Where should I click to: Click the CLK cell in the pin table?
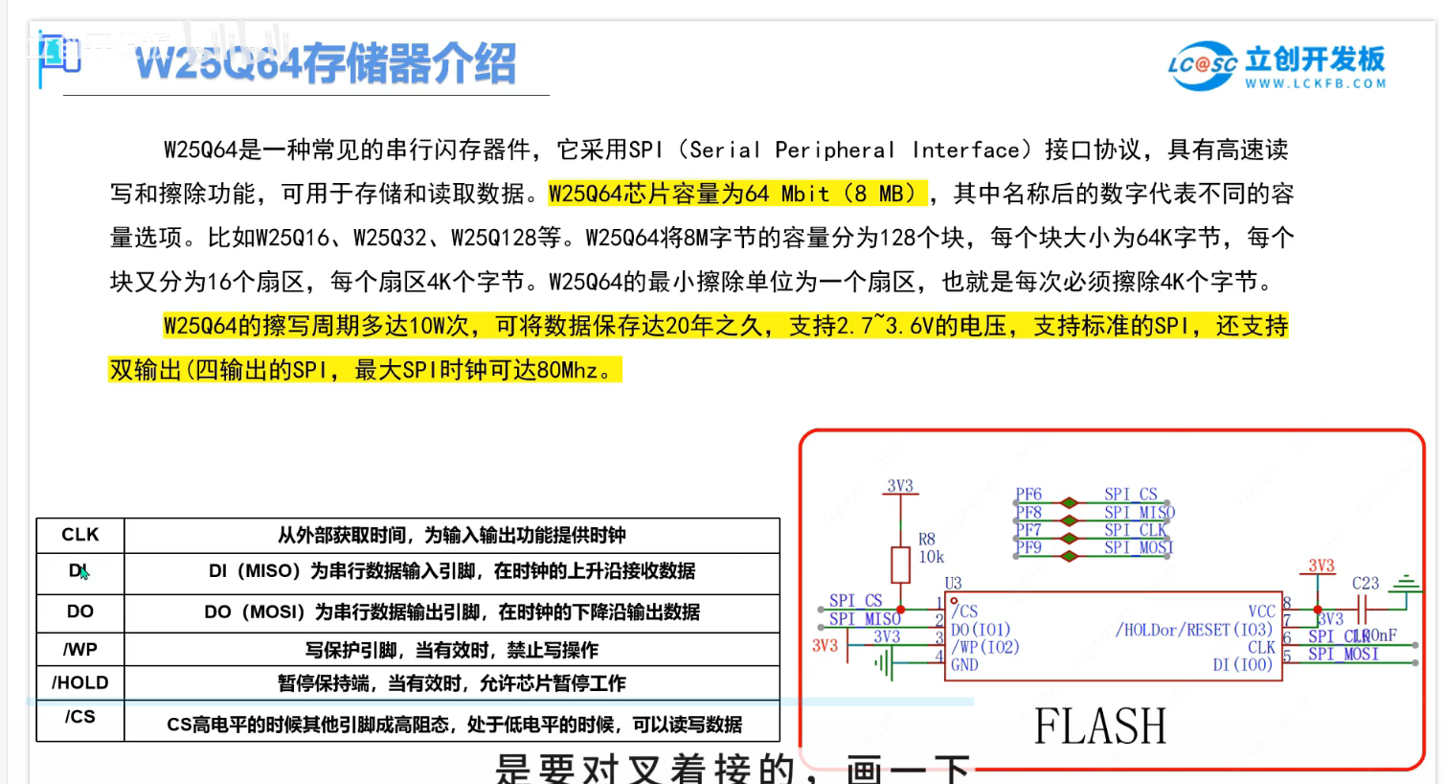pyautogui.click(x=80, y=535)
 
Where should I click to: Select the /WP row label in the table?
pyautogui.click(x=80, y=650)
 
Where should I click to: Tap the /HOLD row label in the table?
pyautogui.click(x=80, y=683)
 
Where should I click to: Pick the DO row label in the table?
pyautogui.click(x=80, y=611)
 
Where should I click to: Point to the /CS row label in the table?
pyautogui.click(x=80, y=717)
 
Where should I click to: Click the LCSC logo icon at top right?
pyautogui.click(x=1202, y=64)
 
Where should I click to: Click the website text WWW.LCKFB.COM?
pyautogui.click(x=1315, y=84)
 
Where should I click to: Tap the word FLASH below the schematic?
pyautogui.click(x=1100, y=726)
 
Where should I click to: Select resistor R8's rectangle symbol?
pyautogui.click(x=900, y=565)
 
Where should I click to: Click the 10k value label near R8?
pyautogui.click(x=931, y=557)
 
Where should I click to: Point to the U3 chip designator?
pyautogui.click(x=953, y=584)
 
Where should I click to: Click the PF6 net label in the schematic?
pyautogui.click(x=1028, y=495)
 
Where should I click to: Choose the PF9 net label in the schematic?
pyautogui.click(x=1028, y=548)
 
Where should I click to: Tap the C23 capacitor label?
pyautogui.click(x=1365, y=583)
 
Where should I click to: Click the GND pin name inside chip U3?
pyautogui.click(x=964, y=665)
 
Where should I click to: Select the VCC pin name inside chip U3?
pyautogui.click(x=1261, y=611)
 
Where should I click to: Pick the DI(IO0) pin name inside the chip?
pyautogui.click(x=1242, y=665)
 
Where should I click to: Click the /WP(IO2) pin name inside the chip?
pyautogui.click(x=984, y=647)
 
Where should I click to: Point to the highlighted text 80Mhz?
pyautogui.click(x=574, y=370)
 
